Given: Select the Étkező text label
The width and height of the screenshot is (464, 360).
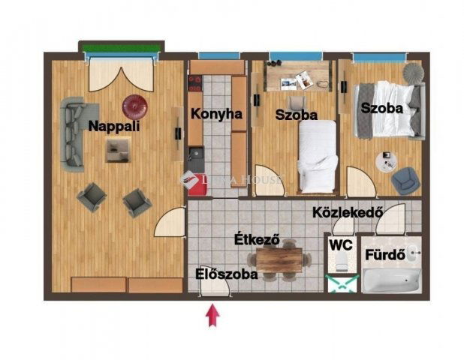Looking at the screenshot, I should tap(258, 241).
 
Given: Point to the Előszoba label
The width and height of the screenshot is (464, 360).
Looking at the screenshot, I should tap(227, 274).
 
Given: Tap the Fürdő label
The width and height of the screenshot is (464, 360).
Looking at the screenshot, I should tap(384, 254).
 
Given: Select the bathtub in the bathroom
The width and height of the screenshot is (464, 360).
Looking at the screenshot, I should tap(391, 280).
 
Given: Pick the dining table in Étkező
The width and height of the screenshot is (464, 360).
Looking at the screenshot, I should tap(279, 259).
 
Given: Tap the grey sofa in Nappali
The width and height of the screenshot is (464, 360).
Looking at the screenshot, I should tap(74, 131).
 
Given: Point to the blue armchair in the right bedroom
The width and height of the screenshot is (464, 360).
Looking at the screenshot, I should tap(405, 178).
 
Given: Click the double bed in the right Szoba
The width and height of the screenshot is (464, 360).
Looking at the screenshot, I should tap(389, 111).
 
